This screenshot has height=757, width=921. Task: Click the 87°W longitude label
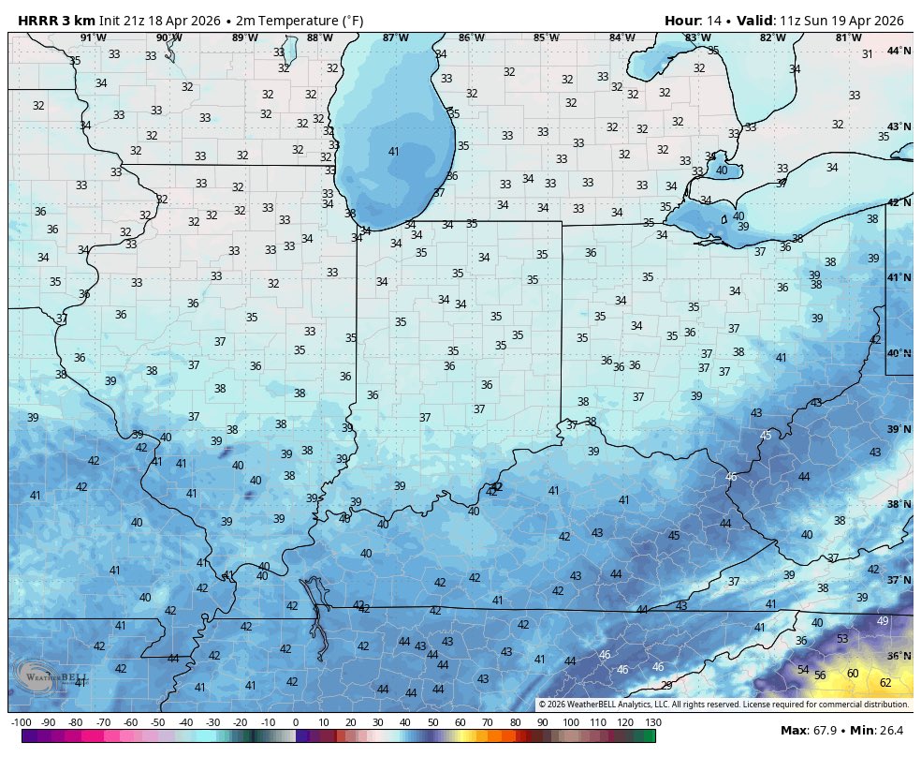coord(395,37)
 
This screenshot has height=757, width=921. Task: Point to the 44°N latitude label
coord(899,51)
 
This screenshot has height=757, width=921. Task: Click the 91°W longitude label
coord(92,37)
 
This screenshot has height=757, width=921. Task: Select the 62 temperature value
coord(885,683)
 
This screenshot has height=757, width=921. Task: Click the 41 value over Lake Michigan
coord(394,152)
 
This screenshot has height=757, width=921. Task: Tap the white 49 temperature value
coord(883,621)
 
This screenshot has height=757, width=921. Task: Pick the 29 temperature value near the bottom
coord(666,686)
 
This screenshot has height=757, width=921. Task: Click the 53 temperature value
coord(842,639)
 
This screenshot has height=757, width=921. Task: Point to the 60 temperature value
coord(853,674)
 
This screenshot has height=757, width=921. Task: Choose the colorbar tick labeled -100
coord(22,722)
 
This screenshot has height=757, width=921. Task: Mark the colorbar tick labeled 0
coord(296,722)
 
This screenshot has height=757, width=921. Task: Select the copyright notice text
coord(723,705)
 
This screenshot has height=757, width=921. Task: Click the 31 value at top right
coord(867,54)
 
